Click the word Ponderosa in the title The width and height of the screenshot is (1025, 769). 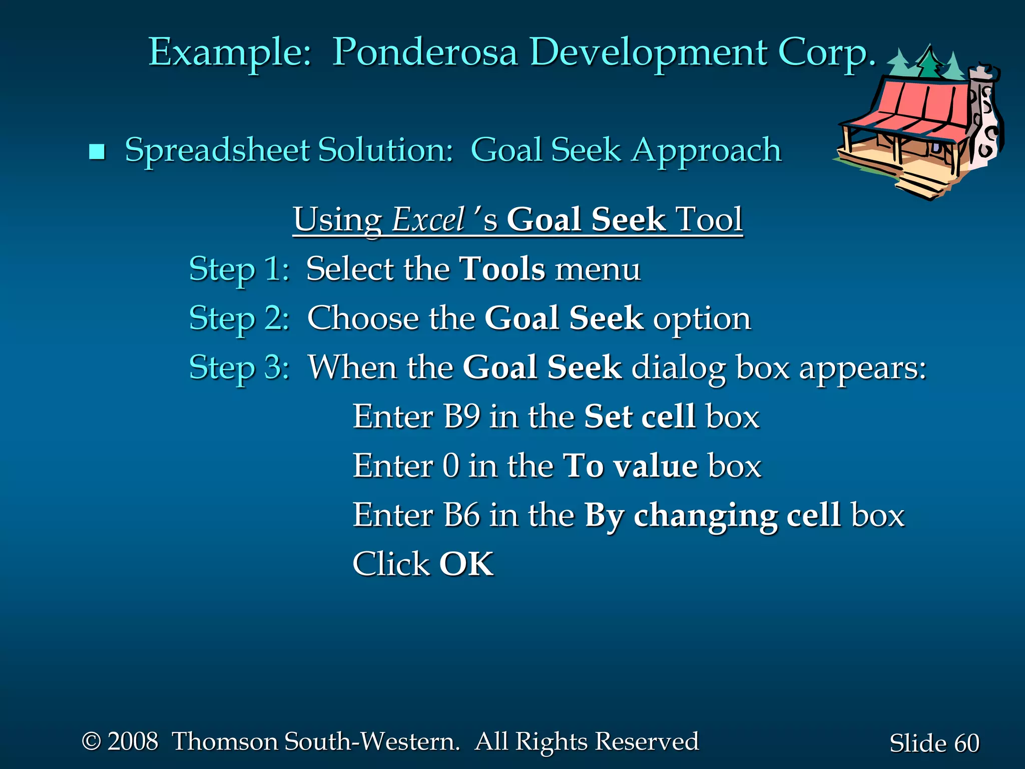click(424, 53)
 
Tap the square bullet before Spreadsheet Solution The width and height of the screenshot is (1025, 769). click(97, 151)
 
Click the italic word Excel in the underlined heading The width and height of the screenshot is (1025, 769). click(428, 220)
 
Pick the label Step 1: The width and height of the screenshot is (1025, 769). click(239, 269)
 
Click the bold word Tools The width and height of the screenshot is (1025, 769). click(502, 269)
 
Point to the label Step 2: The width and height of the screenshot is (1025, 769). click(239, 318)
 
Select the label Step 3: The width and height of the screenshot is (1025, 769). click(239, 367)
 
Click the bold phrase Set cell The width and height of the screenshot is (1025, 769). click(640, 416)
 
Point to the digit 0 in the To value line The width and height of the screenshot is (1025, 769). click(450, 466)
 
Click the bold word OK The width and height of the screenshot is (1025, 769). click(466, 564)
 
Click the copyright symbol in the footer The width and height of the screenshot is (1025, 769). click(91, 741)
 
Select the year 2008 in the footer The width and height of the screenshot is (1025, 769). click(133, 741)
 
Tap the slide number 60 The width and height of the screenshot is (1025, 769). click(966, 743)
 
